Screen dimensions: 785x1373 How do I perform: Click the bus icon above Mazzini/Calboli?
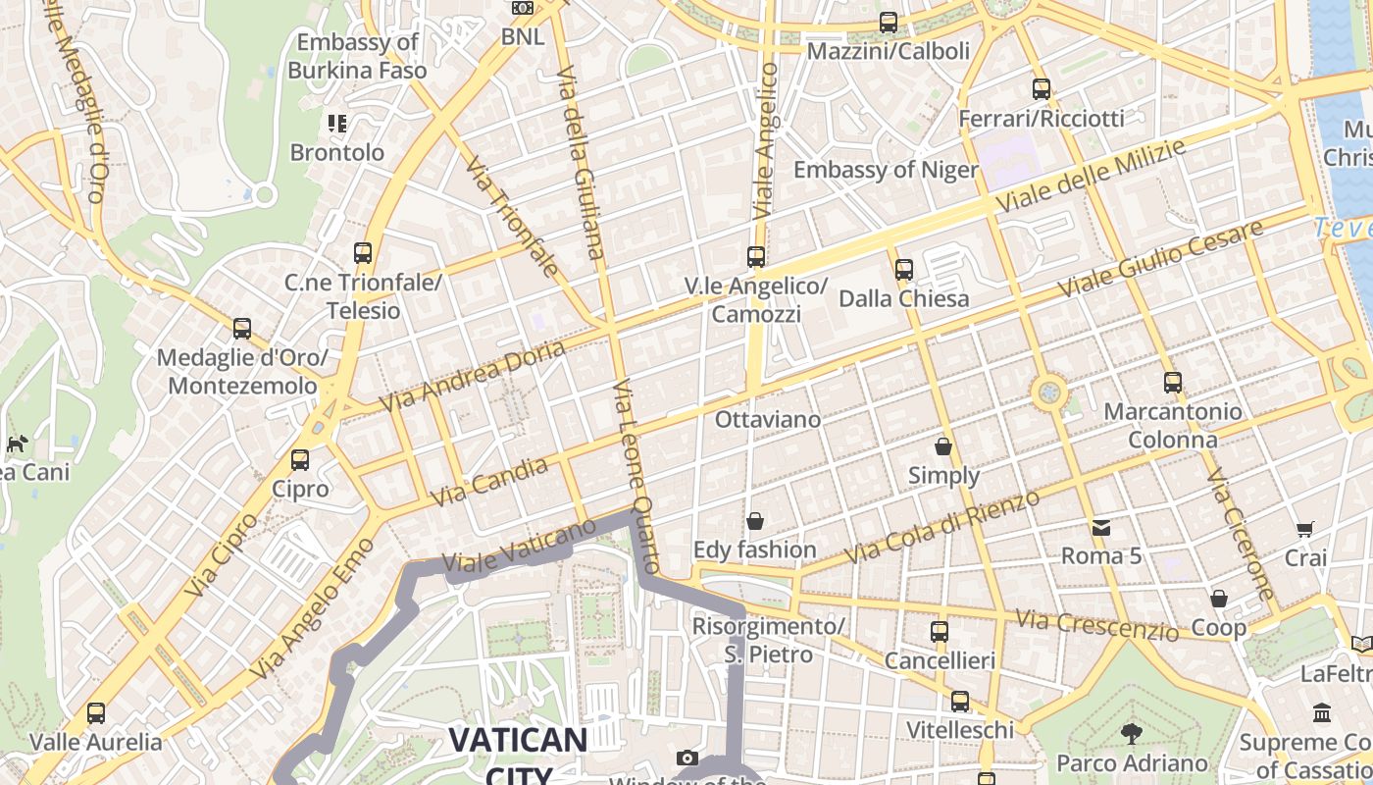point(889,22)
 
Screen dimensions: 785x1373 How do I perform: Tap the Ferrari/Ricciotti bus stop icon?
point(1042,89)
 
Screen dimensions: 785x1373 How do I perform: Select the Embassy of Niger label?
point(886,170)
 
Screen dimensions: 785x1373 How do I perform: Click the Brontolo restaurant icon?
point(337,124)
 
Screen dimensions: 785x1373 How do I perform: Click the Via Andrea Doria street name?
point(473,376)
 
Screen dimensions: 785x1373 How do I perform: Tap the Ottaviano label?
point(768,419)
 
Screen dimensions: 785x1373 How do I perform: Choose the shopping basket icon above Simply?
point(943,446)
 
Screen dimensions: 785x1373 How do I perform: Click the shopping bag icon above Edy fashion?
point(755,520)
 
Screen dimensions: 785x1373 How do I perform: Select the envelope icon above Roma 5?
point(1101,527)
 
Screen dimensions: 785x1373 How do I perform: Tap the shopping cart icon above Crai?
point(1305,530)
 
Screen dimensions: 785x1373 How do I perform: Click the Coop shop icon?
point(1219,599)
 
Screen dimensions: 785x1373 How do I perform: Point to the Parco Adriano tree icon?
point(1132,733)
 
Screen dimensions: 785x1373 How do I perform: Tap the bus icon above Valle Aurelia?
point(96,713)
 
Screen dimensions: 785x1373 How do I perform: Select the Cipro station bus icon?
point(300,459)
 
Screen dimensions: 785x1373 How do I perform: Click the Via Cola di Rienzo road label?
point(941,527)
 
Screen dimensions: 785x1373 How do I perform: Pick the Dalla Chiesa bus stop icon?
point(904,269)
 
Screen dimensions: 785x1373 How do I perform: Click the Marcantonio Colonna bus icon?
point(1172,383)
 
